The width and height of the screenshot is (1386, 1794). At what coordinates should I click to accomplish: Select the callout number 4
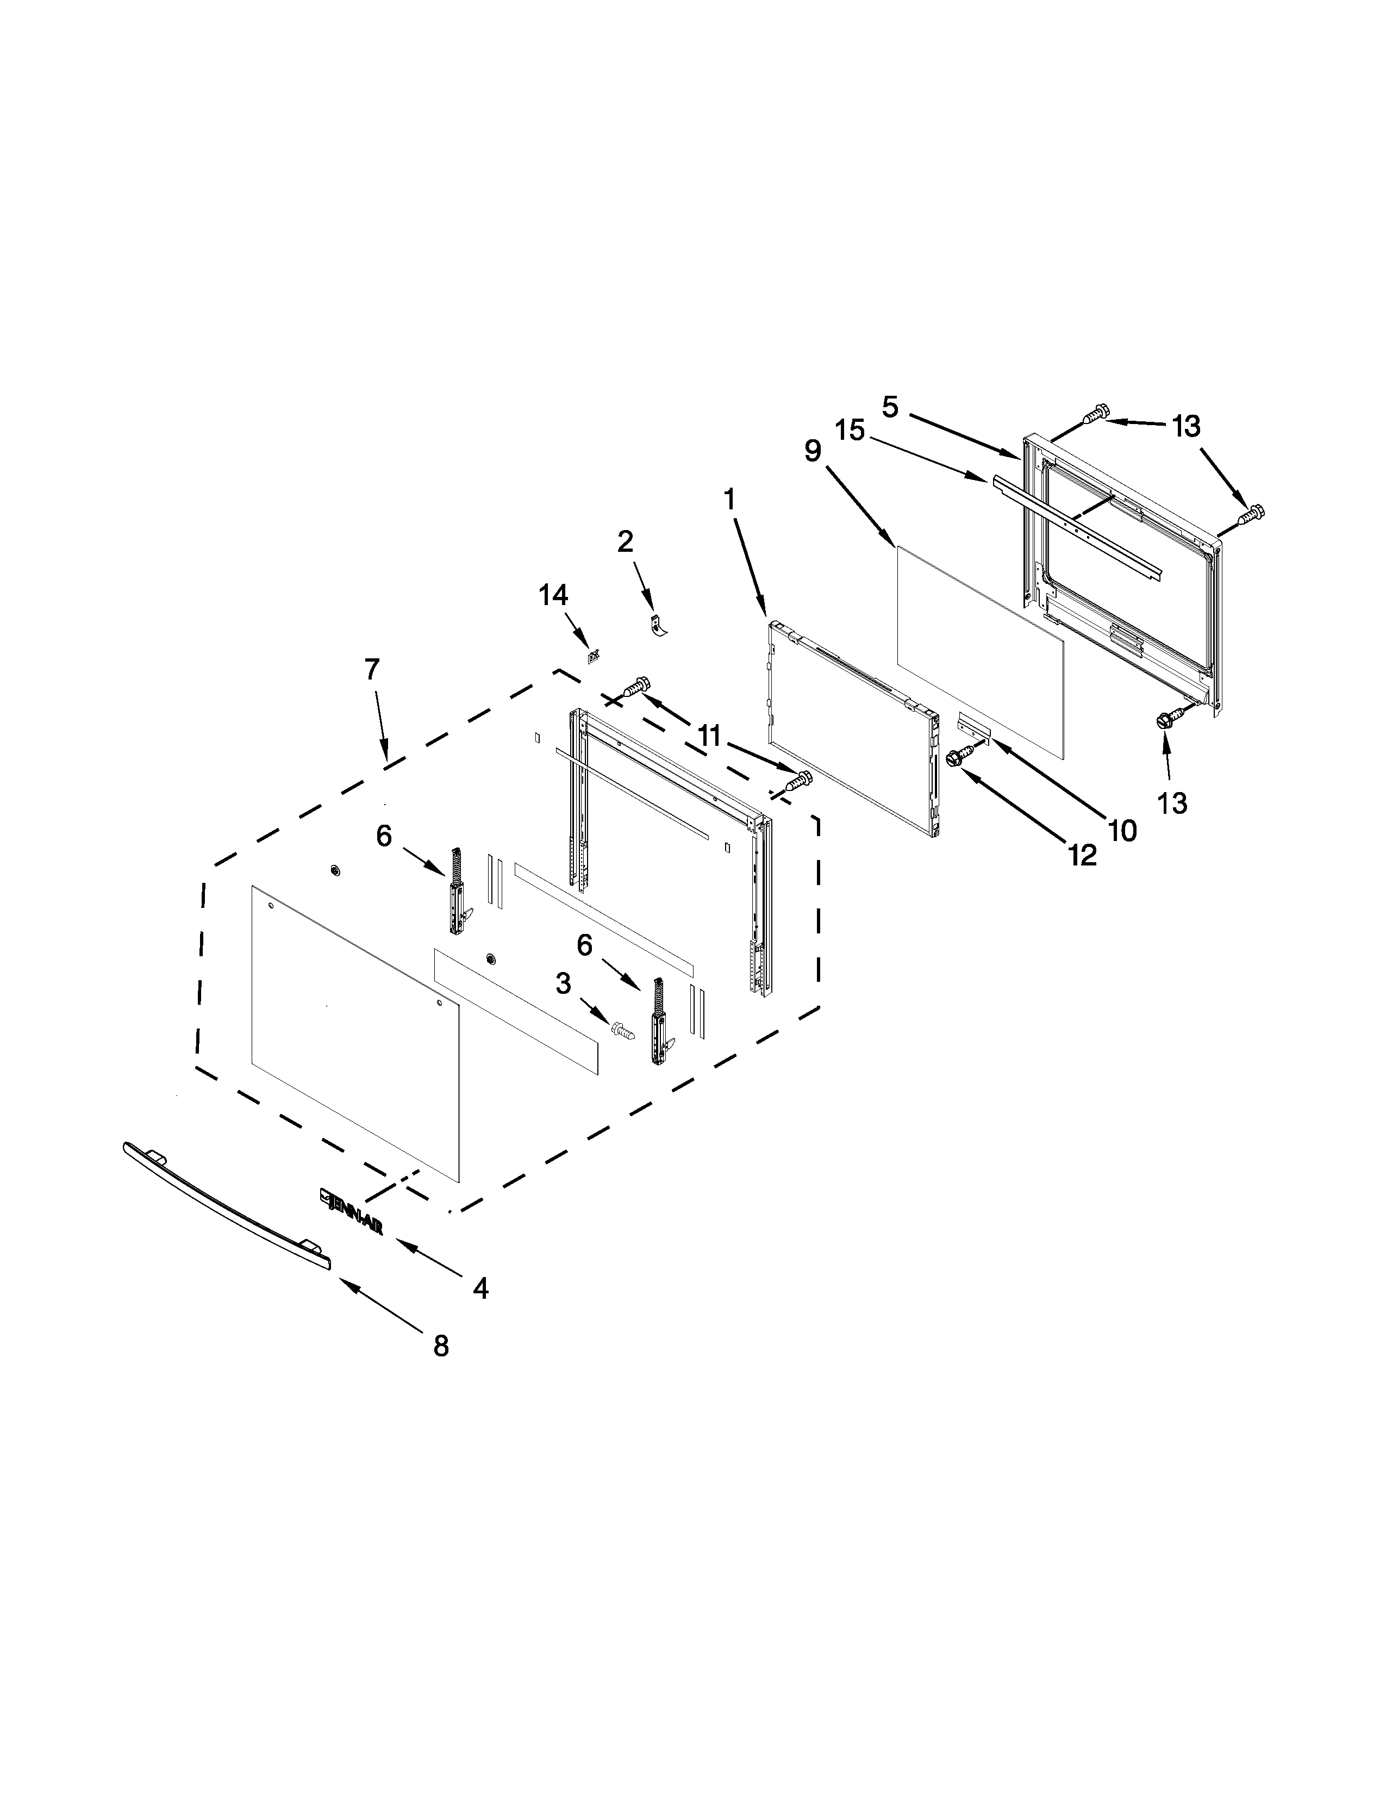click(x=481, y=1287)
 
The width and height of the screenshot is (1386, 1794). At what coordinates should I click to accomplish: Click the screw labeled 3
click(x=623, y=1029)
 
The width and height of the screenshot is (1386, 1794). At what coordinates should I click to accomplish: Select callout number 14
click(x=553, y=595)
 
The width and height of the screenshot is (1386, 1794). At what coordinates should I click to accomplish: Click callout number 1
click(x=729, y=499)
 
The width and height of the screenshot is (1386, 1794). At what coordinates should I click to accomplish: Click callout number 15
click(x=851, y=429)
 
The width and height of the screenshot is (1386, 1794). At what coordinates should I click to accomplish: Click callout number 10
click(x=1122, y=831)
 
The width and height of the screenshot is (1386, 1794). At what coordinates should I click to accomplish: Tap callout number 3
click(x=563, y=983)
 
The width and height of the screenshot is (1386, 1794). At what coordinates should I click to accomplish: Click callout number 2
click(x=625, y=541)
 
